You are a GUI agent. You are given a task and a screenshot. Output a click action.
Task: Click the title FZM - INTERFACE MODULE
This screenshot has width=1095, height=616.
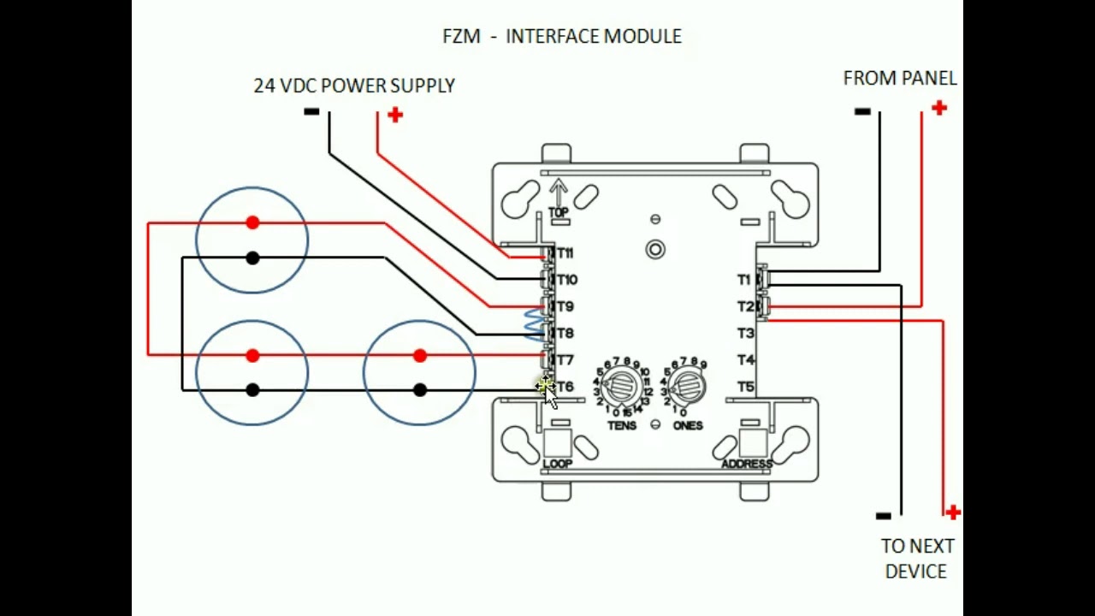[561, 36]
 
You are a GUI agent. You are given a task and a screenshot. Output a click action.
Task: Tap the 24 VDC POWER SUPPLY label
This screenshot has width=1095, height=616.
[353, 86]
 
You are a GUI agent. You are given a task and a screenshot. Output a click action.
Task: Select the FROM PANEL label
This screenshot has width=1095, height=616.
[899, 78]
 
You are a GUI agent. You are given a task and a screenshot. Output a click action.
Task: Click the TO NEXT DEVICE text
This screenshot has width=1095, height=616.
[917, 558]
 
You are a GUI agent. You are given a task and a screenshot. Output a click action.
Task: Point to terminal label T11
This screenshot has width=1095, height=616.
[565, 253]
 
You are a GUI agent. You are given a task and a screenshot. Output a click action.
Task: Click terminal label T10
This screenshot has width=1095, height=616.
[566, 280]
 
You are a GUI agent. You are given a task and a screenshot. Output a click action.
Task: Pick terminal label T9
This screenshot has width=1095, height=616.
[565, 306]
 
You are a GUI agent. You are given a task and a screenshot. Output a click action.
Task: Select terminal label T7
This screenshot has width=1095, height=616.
[565, 360]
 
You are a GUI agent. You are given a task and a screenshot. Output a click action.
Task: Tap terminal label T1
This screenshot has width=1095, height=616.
[744, 280]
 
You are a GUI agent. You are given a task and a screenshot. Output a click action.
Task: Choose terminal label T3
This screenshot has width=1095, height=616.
[746, 333]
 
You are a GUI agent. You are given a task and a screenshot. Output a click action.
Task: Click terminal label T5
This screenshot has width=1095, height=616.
[746, 387]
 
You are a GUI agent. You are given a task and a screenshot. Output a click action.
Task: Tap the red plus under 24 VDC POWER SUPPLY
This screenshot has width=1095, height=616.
[394, 115]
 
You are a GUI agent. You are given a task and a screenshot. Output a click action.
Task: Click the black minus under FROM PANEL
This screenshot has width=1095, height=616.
[862, 111]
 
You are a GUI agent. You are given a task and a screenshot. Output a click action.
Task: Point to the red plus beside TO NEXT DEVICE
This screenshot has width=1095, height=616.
[953, 512]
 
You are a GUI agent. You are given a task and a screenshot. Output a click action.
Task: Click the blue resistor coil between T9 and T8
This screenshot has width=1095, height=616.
[534, 325]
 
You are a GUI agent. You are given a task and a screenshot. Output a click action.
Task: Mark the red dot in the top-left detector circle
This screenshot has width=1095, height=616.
[252, 222]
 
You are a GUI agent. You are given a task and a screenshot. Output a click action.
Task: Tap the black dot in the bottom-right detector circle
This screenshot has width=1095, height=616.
[419, 390]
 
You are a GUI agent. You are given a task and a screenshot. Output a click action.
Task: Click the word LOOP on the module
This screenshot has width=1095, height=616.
[557, 464]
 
